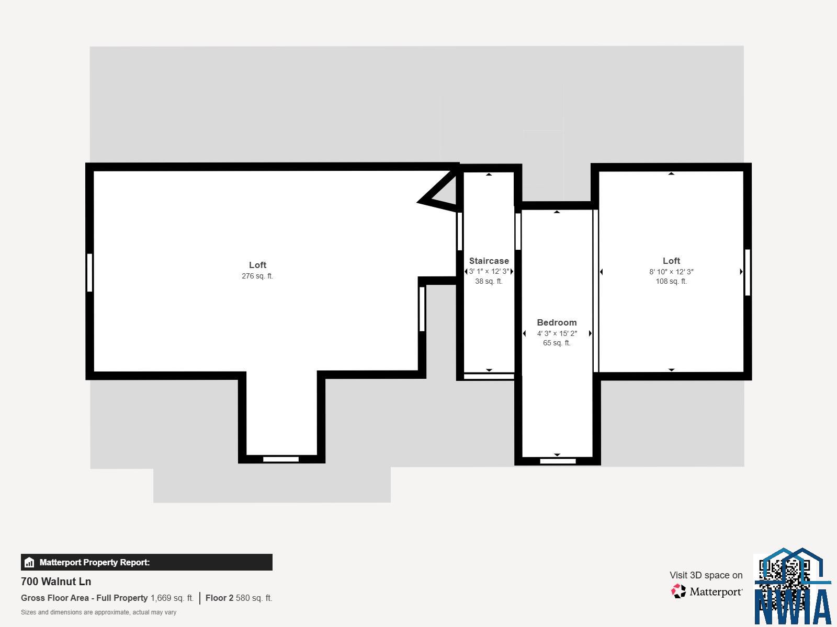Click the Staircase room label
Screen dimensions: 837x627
[x=489, y=261]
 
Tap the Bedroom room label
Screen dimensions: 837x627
[x=557, y=322]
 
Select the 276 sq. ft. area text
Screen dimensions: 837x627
[x=257, y=276]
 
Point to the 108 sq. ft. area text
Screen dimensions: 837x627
[x=671, y=281]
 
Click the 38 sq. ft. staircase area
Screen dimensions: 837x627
[x=489, y=281]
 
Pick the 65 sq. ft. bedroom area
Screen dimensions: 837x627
[x=557, y=343]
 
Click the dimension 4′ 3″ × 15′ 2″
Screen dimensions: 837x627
[x=557, y=333]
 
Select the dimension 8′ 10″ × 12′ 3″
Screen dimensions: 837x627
[x=672, y=272]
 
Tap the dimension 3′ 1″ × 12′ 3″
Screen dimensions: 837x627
[x=489, y=271]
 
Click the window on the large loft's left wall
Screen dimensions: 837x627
[x=89, y=273]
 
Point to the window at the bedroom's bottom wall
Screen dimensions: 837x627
[x=558, y=461]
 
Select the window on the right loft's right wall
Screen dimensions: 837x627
[x=748, y=272]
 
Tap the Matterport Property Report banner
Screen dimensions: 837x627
[x=146, y=562]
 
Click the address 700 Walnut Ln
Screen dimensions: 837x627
[x=56, y=582]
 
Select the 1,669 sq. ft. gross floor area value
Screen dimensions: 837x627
[x=172, y=598]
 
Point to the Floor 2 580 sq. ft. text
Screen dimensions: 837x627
[x=239, y=598]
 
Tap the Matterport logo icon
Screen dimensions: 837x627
[x=678, y=591]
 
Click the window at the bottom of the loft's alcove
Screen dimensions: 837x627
[x=281, y=459]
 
